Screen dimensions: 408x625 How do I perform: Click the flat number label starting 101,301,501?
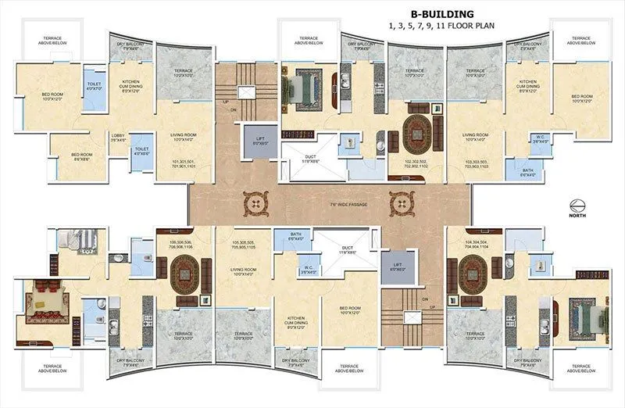185,164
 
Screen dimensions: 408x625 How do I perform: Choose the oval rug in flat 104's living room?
474,276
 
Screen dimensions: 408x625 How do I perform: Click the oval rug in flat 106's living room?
185,276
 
